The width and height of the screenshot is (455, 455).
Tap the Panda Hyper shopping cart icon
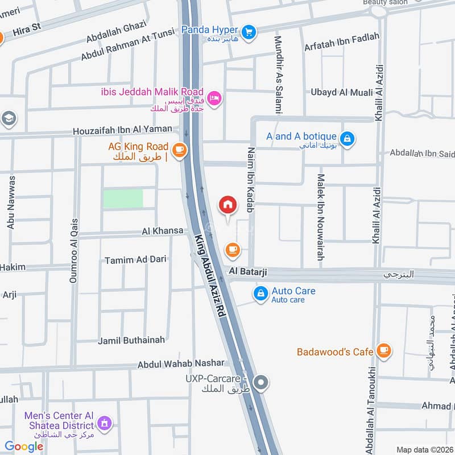pos(248,32)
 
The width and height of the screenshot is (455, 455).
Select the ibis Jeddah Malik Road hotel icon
pos(215,99)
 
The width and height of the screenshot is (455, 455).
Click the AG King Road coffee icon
pos(180,150)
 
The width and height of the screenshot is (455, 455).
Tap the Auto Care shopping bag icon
pos(260,294)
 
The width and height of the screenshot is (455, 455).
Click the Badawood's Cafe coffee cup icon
pos(384,350)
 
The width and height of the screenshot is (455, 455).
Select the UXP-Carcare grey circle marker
pos(261,383)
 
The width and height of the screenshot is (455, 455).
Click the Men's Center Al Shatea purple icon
pos(104,423)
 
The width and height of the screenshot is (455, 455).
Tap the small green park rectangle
pos(122,198)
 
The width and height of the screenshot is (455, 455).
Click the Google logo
pos(24,446)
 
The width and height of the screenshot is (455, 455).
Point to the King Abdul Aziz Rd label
pos(211,283)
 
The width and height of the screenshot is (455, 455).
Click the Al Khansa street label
pos(163,231)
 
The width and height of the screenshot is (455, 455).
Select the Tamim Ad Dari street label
pos(135,259)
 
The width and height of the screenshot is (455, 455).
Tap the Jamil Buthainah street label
pos(131,340)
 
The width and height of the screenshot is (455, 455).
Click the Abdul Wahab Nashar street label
pos(181,363)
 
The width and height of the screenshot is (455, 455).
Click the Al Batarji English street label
pos(248,272)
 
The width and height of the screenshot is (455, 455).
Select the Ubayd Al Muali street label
pos(342,92)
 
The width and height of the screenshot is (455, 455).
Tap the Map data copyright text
pos(424,449)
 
